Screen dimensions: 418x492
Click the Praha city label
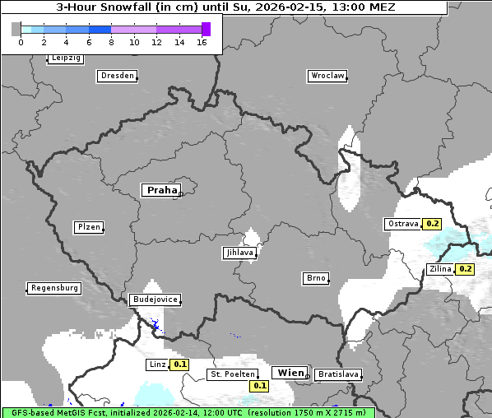click(161, 190)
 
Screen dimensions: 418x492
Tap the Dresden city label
click(117, 76)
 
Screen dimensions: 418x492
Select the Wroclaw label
click(327, 76)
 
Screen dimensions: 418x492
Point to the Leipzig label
click(65, 58)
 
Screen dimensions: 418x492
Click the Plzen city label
click(88, 227)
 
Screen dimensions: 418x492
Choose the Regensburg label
click(54, 288)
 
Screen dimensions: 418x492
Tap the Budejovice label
click(155, 300)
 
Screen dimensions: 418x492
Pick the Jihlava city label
click(239, 253)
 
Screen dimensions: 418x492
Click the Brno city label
click(316, 278)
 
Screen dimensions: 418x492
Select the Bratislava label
click(338, 374)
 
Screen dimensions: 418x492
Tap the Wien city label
click(290, 373)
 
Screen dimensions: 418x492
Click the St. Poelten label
click(232, 374)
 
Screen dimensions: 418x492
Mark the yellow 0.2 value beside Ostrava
click(432, 224)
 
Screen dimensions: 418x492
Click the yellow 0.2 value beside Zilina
click(465, 269)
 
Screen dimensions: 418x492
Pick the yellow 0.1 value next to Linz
click(180, 364)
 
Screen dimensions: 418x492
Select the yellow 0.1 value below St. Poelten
click(260, 385)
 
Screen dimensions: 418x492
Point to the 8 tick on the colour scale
click(111, 42)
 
